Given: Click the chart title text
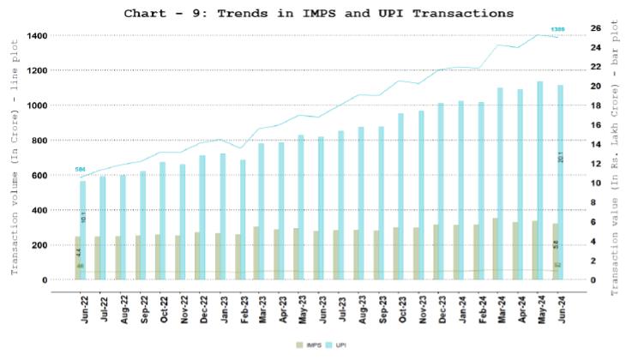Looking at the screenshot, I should [x=318, y=13].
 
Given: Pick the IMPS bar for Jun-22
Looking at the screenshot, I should [x=78, y=257].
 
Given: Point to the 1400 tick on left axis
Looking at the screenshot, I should [x=36, y=36].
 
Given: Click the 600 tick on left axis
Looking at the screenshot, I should [x=39, y=176].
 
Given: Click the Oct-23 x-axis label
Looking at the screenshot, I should [x=400, y=309].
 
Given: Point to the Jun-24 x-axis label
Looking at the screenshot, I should [x=558, y=309].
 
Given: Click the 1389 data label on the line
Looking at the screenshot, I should [x=557, y=30].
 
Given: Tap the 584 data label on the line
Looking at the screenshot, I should [x=80, y=170].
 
